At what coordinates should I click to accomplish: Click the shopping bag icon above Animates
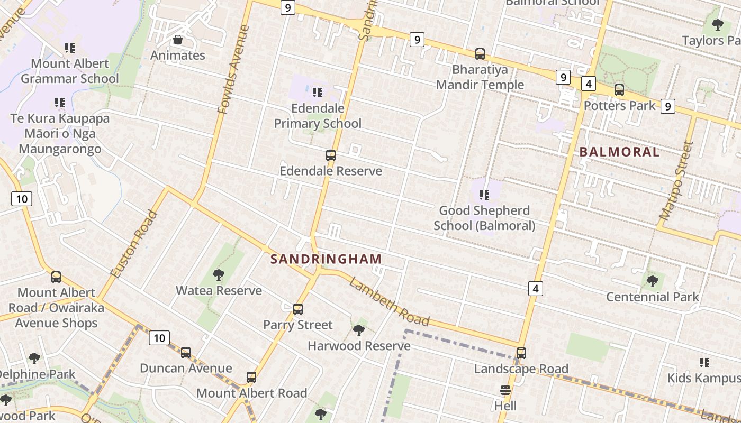click(x=178, y=40)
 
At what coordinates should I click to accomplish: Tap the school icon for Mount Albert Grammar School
click(x=69, y=48)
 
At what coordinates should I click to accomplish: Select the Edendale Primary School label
click(x=318, y=116)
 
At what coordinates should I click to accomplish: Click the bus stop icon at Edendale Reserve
click(x=331, y=155)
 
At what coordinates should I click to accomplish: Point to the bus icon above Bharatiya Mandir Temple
click(x=480, y=54)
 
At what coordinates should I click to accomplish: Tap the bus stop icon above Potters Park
click(x=619, y=90)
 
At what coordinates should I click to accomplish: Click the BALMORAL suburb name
click(x=619, y=152)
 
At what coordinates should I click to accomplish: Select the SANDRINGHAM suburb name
click(x=326, y=259)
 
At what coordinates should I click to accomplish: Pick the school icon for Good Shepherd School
click(x=484, y=195)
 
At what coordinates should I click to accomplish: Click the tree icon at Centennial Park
click(x=652, y=281)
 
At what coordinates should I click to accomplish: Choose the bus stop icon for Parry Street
click(x=298, y=309)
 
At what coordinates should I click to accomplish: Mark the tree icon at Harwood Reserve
click(x=359, y=330)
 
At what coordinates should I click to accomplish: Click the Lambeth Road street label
click(x=389, y=301)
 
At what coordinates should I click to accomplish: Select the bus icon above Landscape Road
click(x=521, y=353)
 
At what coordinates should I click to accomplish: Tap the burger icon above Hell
click(x=505, y=391)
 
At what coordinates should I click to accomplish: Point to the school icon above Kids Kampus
click(x=704, y=363)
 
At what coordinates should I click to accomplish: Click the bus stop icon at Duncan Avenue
click(x=186, y=353)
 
